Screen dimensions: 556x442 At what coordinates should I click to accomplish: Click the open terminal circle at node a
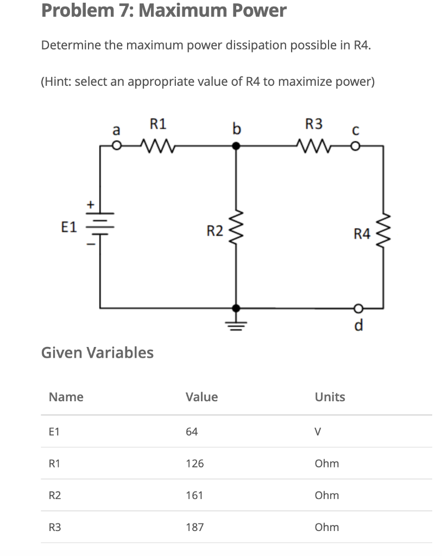click(x=115, y=146)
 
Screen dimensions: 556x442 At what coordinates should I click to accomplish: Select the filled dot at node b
click(x=236, y=146)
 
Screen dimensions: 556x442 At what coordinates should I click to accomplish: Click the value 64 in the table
click(x=192, y=432)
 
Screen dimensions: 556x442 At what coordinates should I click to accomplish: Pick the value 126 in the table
click(x=194, y=464)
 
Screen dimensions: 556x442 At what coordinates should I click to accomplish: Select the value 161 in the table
click(x=194, y=495)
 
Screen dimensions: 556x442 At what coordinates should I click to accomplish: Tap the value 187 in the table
click(x=194, y=527)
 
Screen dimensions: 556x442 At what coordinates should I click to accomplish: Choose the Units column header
click(x=330, y=397)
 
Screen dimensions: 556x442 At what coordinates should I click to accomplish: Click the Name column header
click(x=66, y=397)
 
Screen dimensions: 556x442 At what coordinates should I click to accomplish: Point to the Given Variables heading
click(x=97, y=352)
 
